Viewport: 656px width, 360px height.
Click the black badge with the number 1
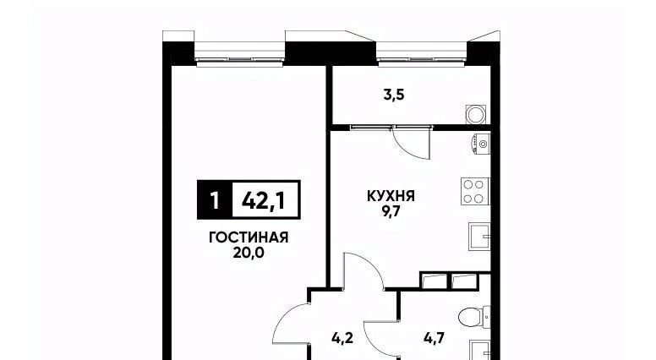pyautogui.click(x=215, y=200)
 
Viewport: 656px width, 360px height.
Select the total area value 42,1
pyautogui.click(x=264, y=200)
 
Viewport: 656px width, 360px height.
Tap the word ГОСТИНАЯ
pyautogui.click(x=249, y=237)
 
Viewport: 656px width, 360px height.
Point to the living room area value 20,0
pyautogui.click(x=249, y=253)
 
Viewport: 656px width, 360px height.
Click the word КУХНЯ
pyautogui.click(x=391, y=196)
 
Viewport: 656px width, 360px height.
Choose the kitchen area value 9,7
pyautogui.click(x=391, y=211)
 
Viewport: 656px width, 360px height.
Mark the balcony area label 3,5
pyautogui.click(x=394, y=95)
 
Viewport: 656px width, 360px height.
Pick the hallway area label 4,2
pyautogui.click(x=342, y=337)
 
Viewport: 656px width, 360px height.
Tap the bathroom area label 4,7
pyautogui.click(x=434, y=337)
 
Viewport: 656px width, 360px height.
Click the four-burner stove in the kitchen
pyautogui.click(x=475, y=191)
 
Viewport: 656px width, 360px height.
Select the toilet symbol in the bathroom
pyautogui.click(x=474, y=318)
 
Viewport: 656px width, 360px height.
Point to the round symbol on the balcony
pyautogui.click(x=476, y=114)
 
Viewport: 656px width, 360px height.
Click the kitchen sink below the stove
pyautogui.click(x=479, y=237)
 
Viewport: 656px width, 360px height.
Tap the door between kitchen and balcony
pyautogui.click(x=412, y=142)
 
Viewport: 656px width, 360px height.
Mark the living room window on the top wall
pyautogui.click(x=240, y=53)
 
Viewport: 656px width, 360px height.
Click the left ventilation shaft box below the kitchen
pyautogui.click(x=435, y=281)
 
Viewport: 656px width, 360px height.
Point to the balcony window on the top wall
pyautogui.click(x=422, y=53)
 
